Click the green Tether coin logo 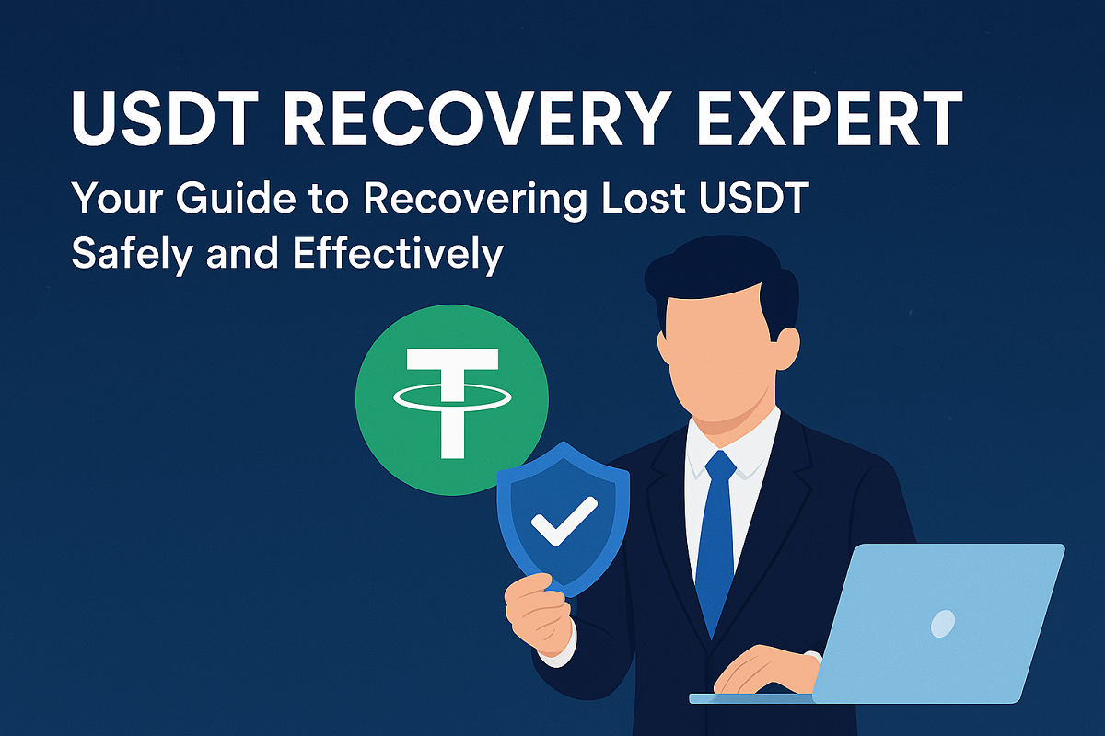[x=451, y=398]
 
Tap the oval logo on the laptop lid [x=943, y=625]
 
